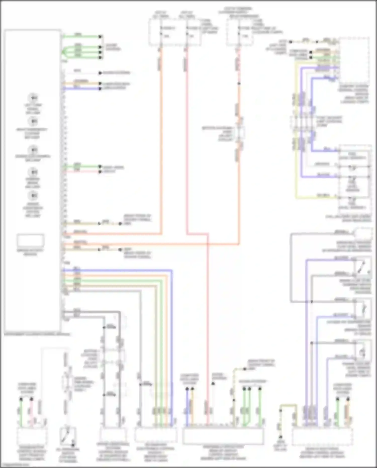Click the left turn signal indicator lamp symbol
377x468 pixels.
tap(33, 98)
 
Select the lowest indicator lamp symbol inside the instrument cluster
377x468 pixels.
tap(33, 196)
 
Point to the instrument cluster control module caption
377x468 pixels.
tap(37, 335)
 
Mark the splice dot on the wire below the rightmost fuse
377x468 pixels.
tap(239, 83)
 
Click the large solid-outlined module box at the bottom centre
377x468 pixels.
tap(223, 436)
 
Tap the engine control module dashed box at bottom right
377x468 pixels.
tap(322, 437)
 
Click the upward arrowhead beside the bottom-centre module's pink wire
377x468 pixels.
tap(213, 384)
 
